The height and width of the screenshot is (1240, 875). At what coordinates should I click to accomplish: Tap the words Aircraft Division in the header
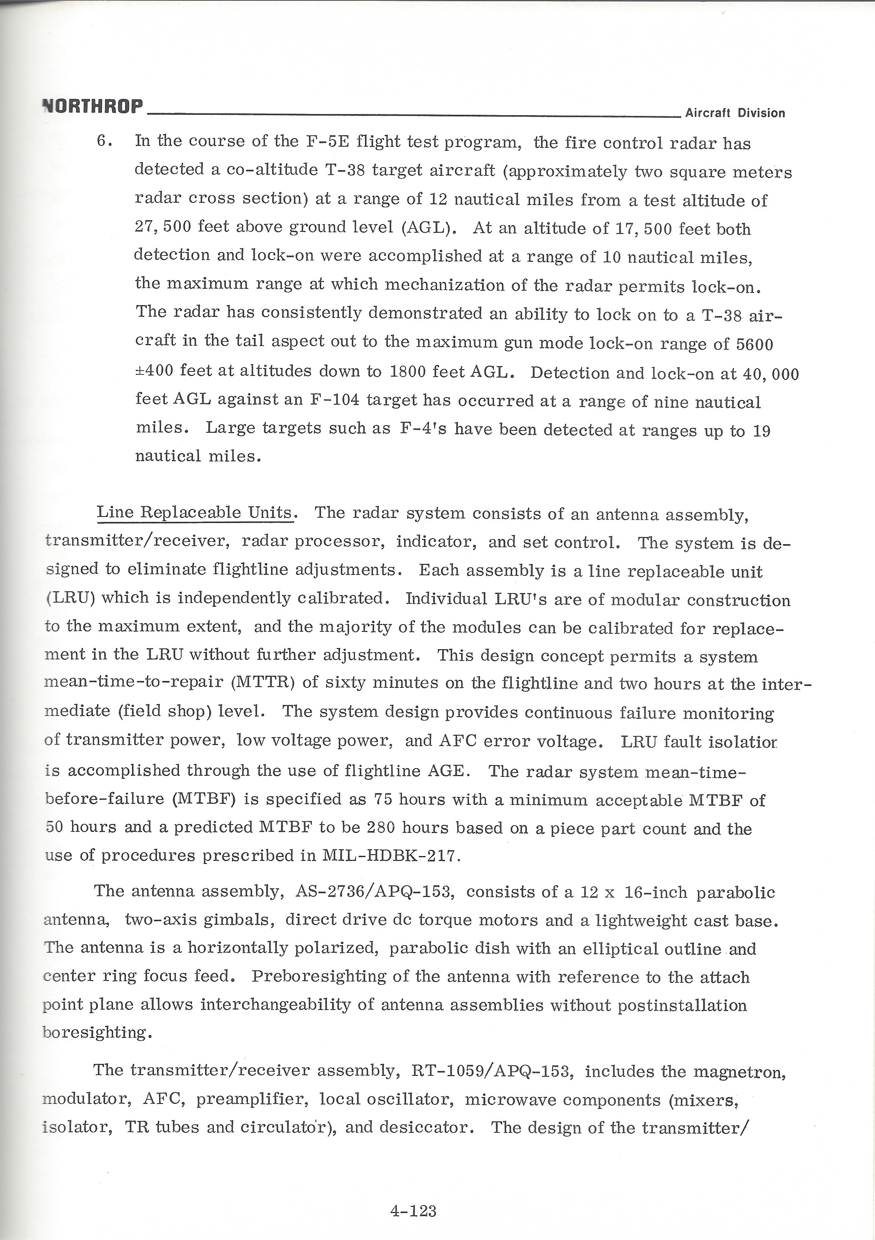[x=735, y=113]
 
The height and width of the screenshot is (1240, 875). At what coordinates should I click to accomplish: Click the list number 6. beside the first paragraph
[x=104, y=141]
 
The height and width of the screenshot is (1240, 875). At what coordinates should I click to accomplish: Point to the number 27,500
[x=162, y=227]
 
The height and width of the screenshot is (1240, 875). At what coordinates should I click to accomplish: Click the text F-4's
[x=423, y=429]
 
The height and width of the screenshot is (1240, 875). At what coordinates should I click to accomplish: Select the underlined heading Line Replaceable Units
[x=195, y=512]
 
